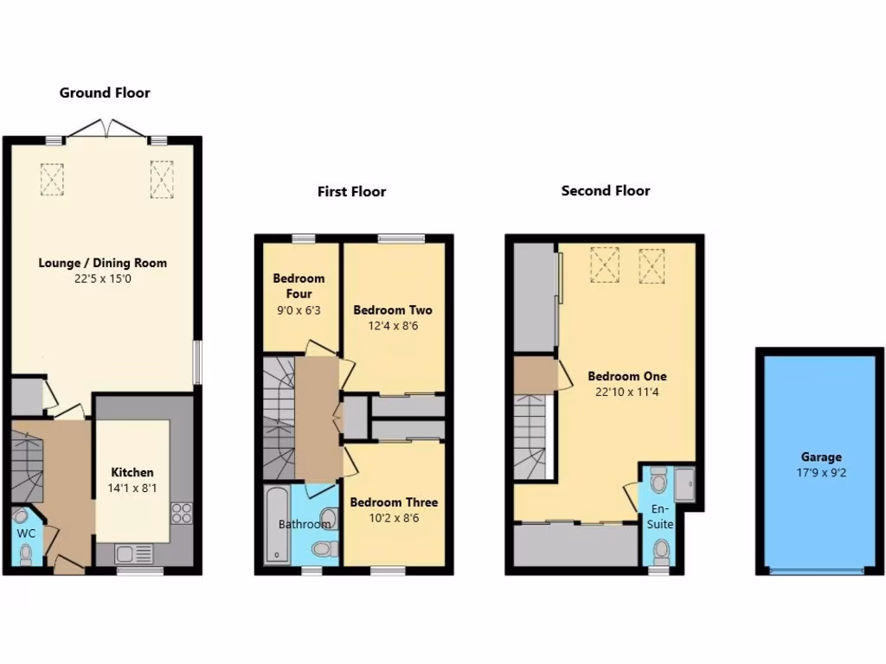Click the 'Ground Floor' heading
click(105, 93)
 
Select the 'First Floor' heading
click(351, 192)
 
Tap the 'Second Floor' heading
click(606, 191)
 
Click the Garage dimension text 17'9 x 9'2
click(821, 473)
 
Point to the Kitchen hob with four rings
click(183, 513)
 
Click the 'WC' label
click(27, 533)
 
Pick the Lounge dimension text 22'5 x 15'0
click(103, 278)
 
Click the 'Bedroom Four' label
click(299, 286)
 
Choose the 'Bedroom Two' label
click(393, 310)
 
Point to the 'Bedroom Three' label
click(394, 502)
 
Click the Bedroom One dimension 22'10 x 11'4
click(627, 392)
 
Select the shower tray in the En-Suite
click(684, 484)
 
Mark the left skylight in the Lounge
click(52, 179)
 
